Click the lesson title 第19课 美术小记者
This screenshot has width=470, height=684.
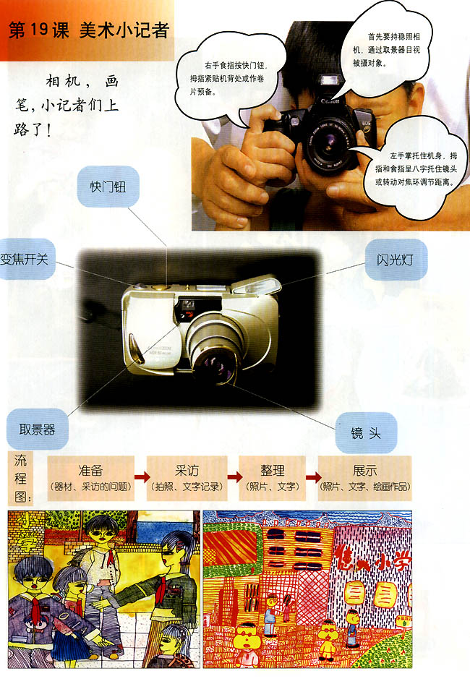tap(87, 30)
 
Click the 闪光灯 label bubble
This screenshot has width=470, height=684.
tap(398, 260)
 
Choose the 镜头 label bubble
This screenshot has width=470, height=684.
tap(366, 432)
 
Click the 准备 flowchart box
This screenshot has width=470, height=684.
tap(90, 477)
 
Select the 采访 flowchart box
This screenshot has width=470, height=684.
tap(187, 477)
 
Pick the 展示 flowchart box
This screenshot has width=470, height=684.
tap(364, 477)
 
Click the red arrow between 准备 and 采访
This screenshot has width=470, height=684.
tap(141, 477)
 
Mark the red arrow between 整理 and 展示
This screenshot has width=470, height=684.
tap(312, 477)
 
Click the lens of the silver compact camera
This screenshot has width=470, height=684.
tap(215, 365)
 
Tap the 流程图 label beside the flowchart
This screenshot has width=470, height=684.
tap(18, 477)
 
